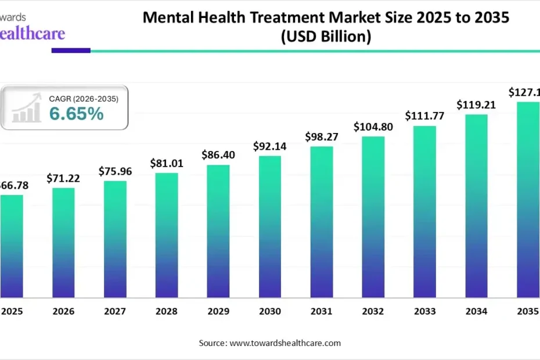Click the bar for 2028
pos(167,235)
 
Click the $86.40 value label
pos(218,155)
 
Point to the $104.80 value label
pos(373,127)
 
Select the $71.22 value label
pos(63,178)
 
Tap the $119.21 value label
pos(476,105)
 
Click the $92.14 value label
pos(270,146)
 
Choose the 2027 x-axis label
pos(115,312)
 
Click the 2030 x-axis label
pos(270,312)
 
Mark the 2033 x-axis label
pos(425,312)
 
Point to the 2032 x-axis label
pos(373,312)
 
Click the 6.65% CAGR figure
pos(76,114)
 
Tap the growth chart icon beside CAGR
pos(27,108)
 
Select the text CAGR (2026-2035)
pos(84,99)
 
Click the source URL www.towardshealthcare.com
pos(285,343)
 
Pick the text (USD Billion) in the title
pos(326,37)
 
